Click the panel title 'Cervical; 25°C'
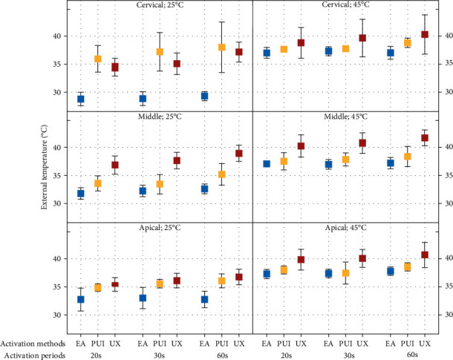tap(159, 6)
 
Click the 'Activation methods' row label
tap(35, 343)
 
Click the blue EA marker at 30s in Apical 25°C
tap(143, 298)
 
